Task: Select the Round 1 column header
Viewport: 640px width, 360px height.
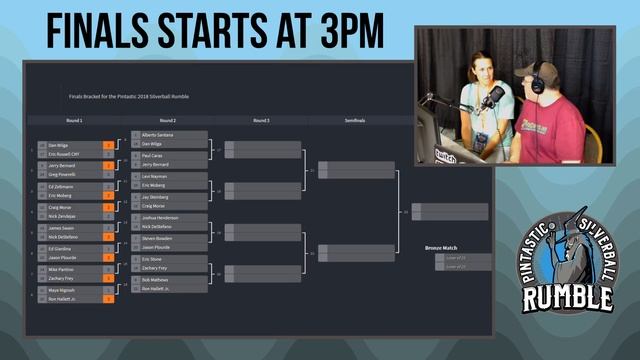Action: (x=74, y=120)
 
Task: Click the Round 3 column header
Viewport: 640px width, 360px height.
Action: (x=261, y=120)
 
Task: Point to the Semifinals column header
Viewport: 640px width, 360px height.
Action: (x=355, y=120)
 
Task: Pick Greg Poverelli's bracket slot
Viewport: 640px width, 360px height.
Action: (x=66, y=174)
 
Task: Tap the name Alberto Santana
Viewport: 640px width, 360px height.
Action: (x=159, y=134)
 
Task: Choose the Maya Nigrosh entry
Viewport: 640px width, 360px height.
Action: (x=64, y=290)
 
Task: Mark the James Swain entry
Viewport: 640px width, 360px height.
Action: (x=63, y=227)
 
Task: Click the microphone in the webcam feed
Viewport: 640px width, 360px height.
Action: (x=493, y=97)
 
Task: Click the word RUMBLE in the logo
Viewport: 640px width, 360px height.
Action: (x=568, y=297)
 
